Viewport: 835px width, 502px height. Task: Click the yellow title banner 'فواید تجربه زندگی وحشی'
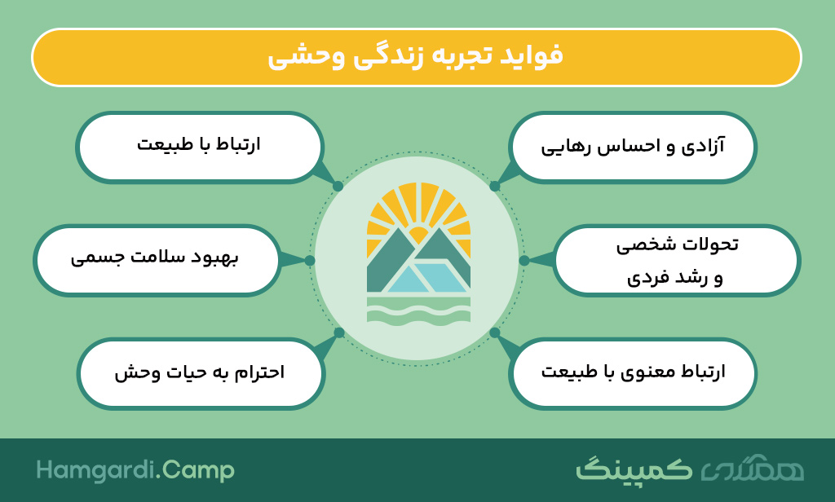click(x=417, y=58)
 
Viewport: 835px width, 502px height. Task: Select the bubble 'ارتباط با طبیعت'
click(x=199, y=147)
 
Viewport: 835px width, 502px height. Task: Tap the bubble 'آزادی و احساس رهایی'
click(x=633, y=147)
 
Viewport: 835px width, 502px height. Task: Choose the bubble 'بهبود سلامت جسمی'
click(x=157, y=260)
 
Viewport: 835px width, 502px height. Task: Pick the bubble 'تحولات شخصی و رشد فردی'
click(x=676, y=260)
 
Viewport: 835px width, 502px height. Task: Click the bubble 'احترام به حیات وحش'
click(x=201, y=373)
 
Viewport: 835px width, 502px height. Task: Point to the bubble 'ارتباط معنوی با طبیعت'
click(x=633, y=373)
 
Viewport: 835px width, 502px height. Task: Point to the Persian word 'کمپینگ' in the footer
click(x=634, y=469)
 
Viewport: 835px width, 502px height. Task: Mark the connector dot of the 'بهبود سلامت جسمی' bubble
click(x=310, y=260)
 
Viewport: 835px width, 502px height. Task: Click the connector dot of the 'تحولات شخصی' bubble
click(x=524, y=260)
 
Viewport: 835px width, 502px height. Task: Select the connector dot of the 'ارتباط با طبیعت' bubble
click(x=338, y=187)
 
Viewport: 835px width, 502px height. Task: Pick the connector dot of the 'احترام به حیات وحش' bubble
click(x=339, y=333)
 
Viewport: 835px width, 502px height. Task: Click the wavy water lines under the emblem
click(x=418, y=310)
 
